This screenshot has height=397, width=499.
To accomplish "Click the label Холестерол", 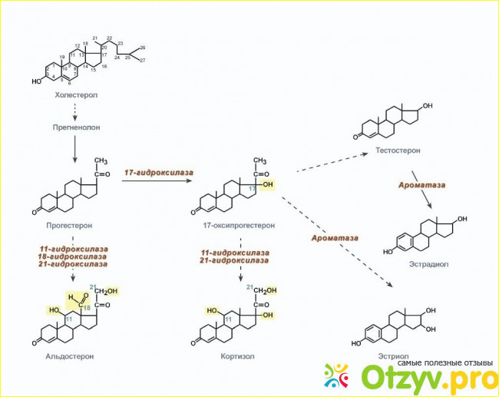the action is click(x=76, y=95).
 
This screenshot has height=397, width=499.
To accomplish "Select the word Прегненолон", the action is click(x=76, y=127).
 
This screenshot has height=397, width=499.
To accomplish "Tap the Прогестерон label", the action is click(x=69, y=226).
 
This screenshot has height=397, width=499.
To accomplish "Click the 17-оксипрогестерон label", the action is click(x=239, y=226).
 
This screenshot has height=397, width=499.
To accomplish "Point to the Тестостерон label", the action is click(x=398, y=151).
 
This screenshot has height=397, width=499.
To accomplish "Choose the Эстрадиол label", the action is click(x=428, y=264).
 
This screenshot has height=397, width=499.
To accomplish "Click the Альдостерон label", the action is click(x=70, y=356).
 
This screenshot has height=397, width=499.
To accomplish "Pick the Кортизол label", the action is click(x=237, y=356).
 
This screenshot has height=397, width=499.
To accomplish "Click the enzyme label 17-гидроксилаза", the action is click(x=159, y=173).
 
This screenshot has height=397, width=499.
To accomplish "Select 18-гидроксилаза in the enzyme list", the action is click(x=73, y=256).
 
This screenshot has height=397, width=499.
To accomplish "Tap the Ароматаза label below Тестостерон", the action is click(x=421, y=185).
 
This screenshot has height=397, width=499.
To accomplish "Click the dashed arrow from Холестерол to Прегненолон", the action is click(x=75, y=112).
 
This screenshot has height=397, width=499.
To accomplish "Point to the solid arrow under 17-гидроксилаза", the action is click(x=157, y=180).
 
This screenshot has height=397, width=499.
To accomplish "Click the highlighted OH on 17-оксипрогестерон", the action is click(x=268, y=184).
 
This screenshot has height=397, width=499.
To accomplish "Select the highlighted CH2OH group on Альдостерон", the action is click(x=107, y=291).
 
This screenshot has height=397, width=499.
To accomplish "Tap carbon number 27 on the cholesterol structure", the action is click(x=143, y=60).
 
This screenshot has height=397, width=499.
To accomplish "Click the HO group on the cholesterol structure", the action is click(x=36, y=82).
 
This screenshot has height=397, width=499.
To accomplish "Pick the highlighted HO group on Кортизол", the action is click(x=212, y=310).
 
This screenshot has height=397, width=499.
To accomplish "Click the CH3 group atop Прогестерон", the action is click(x=101, y=160).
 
